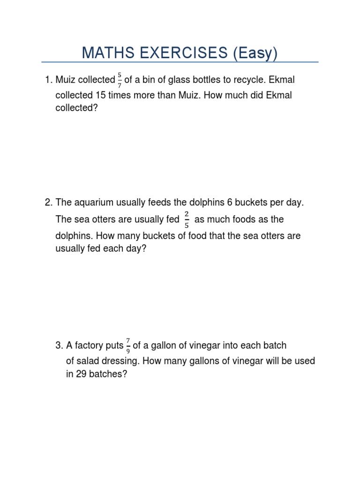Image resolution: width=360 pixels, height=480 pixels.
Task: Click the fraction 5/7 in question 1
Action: (120, 81)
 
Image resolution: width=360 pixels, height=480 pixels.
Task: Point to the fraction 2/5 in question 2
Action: (187, 219)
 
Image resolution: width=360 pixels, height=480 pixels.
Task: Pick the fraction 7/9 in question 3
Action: (128, 345)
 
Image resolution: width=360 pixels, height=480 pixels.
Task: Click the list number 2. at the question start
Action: (49, 202)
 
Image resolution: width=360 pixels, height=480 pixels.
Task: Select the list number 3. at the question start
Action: (59, 345)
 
